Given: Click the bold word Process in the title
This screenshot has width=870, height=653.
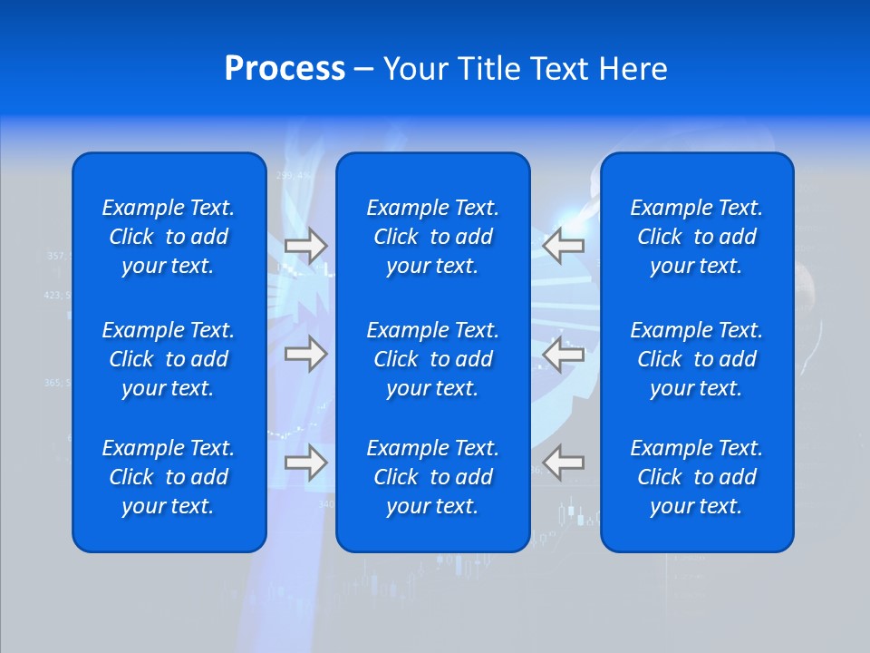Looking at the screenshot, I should [x=285, y=69].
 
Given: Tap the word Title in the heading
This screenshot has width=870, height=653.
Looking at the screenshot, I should [x=485, y=69].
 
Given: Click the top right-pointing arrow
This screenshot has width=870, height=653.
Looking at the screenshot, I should [x=306, y=246].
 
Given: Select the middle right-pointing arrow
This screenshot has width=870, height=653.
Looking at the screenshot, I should [x=306, y=354].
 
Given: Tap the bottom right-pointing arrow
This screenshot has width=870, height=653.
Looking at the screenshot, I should [x=306, y=463].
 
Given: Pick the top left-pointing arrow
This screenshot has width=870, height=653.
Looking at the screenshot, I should [x=564, y=246].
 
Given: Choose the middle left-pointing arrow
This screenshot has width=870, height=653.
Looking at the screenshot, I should [x=564, y=354].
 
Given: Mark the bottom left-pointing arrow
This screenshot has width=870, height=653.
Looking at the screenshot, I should [x=564, y=463].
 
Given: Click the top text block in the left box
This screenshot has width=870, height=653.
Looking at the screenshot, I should [x=169, y=237].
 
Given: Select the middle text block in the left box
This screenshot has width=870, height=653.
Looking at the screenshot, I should [x=169, y=359].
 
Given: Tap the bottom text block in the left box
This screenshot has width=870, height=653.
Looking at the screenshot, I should [x=169, y=477].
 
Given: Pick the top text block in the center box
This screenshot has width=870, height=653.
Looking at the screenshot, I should [x=433, y=237].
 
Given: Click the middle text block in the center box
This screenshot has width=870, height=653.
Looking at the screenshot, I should [x=433, y=359].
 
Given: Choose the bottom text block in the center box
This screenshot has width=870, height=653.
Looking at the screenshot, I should [x=433, y=477].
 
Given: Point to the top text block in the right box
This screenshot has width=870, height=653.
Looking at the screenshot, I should [x=697, y=237].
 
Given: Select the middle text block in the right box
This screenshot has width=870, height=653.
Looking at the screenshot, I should [x=697, y=359].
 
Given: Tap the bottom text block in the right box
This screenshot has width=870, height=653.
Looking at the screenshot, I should [x=697, y=477].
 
